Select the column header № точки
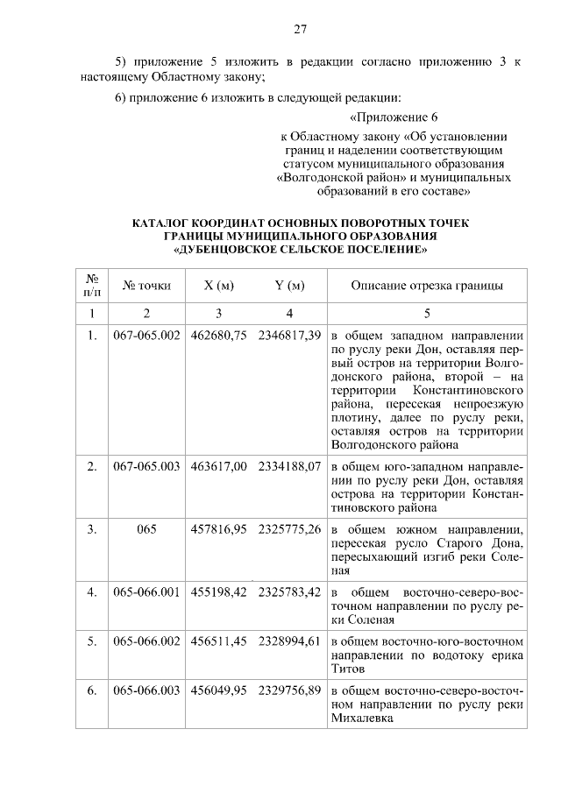coord(146,286)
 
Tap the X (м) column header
coord(218,286)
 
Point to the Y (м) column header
coord(289,286)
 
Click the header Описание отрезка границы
coord(427,286)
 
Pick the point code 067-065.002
coord(146,336)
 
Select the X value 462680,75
coord(218,336)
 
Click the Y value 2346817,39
coord(289,336)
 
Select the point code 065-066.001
coord(146,592)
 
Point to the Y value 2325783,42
coord(289,592)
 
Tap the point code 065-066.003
coord(146,690)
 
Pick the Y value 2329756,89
coord(289,690)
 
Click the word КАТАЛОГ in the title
coord(164,223)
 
